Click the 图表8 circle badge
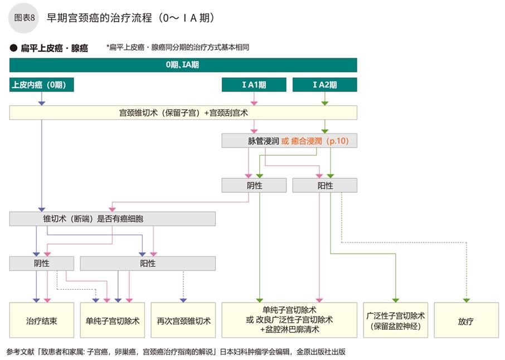point(25,18)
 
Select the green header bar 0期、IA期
point(183,65)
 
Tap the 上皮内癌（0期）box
point(42,85)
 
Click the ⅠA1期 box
point(254,85)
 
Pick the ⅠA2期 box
point(325,85)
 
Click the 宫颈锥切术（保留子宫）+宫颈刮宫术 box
point(183,113)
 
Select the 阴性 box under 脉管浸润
point(254,185)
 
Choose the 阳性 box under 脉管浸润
point(325,185)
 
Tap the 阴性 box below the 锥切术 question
point(42,263)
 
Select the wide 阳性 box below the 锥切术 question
point(148,263)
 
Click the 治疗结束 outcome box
point(42,320)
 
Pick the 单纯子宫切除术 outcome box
point(113,320)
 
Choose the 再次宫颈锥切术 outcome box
point(183,320)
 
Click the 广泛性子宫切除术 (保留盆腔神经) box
point(396,320)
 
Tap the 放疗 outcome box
point(466,320)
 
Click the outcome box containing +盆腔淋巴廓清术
point(289,320)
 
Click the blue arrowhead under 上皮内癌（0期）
point(42,103)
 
